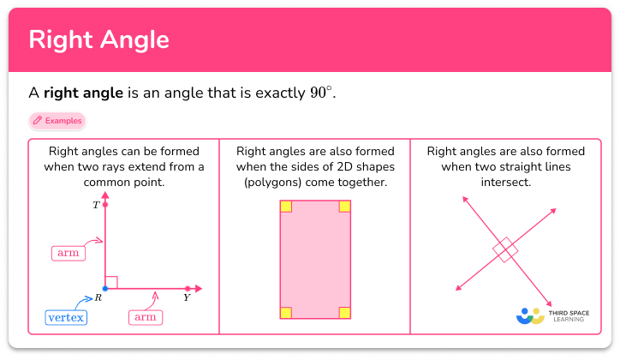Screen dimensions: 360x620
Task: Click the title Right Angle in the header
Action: pyautogui.click(x=99, y=40)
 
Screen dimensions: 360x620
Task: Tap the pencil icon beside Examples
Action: pyautogui.click(x=38, y=121)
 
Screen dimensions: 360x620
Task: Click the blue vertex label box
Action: pyautogui.click(x=66, y=318)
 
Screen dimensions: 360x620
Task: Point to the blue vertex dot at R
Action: pyautogui.click(x=105, y=288)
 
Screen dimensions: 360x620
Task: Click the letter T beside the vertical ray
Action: pyautogui.click(x=96, y=206)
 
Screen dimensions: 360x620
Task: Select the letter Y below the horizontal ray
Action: pyautogui.click(x=187, y=298)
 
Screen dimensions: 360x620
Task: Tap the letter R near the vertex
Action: pyautogui.click(x=98, y=297)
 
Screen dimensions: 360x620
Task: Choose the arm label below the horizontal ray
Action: pyautogui.click(x=145, y=318)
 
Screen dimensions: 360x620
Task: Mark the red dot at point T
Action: pyautogui.click(x=105, y=206)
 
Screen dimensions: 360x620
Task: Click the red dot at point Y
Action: pyautogui.click(x=187, y=288)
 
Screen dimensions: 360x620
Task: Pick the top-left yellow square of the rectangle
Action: pyautogui.click(x=286, y=207)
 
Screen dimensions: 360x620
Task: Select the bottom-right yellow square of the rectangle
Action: pyautogui.click(x=344, y=313)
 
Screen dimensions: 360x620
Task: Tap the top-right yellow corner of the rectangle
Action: pyautogui.click(x=344, y=207)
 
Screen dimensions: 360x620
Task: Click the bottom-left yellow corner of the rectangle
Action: pyautogui.click(x=286, y=313)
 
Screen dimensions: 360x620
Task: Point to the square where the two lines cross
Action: pyautogui.click(x=505, y=249)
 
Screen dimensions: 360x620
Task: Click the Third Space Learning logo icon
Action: pyautogui.click(x=531, y=315)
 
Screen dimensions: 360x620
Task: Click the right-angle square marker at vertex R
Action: pyautogui.click(x=111, y=282)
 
